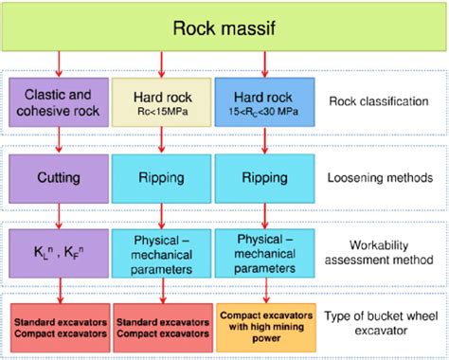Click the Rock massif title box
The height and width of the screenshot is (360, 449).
click(224, 27)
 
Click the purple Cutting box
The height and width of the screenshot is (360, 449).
click(61, 176)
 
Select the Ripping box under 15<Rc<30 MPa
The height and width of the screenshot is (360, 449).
click(265, 176)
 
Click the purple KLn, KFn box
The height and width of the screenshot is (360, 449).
click(61, 251)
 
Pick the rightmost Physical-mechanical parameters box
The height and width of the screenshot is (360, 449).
click(265, 251)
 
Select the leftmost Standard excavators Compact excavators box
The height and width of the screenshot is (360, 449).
click(61, 325)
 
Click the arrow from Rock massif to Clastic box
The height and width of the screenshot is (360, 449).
click(61, 64)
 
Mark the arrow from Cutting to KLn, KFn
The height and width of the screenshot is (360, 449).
click(61, 213)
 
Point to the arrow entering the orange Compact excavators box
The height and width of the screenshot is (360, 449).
click(265, 289)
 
